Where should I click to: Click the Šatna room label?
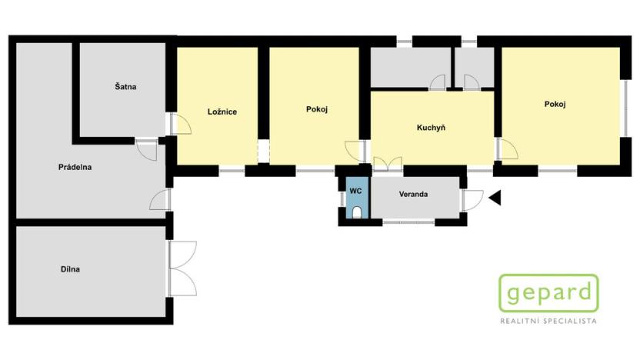(126, 87)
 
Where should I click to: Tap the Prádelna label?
(75, 167)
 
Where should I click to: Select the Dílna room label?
(70, 269)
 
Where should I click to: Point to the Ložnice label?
(222, 112)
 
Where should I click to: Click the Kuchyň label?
(432, 128)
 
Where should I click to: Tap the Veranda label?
(413, 194)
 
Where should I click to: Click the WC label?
(355, 190)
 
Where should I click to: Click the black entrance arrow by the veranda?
(495, 198)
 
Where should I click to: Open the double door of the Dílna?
(182, 268)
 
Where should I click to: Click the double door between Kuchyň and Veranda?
(386, 162)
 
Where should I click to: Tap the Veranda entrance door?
(471, 199)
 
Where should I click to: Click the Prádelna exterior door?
(161, 199)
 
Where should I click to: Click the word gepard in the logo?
(548, 293)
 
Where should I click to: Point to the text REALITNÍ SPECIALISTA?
(548, 321)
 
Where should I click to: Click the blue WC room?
(355, 202)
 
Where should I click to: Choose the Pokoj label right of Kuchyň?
(555, 105)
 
